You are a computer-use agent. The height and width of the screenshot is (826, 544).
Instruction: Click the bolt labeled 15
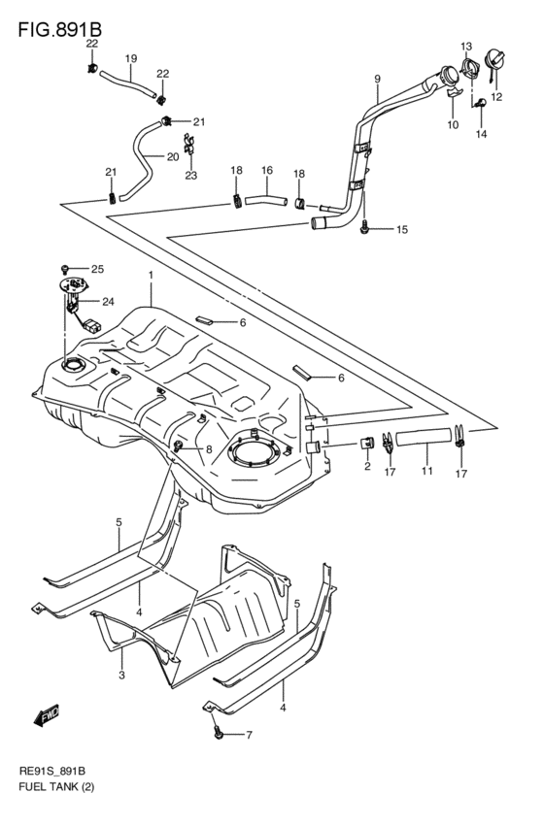(363, 228)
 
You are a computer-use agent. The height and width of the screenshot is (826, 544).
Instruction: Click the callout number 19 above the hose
(130, 58)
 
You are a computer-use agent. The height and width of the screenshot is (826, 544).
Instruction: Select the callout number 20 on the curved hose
(172, 156)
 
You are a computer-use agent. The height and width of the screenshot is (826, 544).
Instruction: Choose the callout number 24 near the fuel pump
(108, 301)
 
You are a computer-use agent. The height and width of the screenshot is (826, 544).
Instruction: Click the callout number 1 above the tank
(151, 276)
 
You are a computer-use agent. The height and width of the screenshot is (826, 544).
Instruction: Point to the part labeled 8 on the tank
(181, 446)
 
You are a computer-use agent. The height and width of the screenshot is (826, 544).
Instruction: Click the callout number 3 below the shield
(121, 676)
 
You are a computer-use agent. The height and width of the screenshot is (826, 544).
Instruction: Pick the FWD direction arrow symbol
(47, 717)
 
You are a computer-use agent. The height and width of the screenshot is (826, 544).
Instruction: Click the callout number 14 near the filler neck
(480, 134)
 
